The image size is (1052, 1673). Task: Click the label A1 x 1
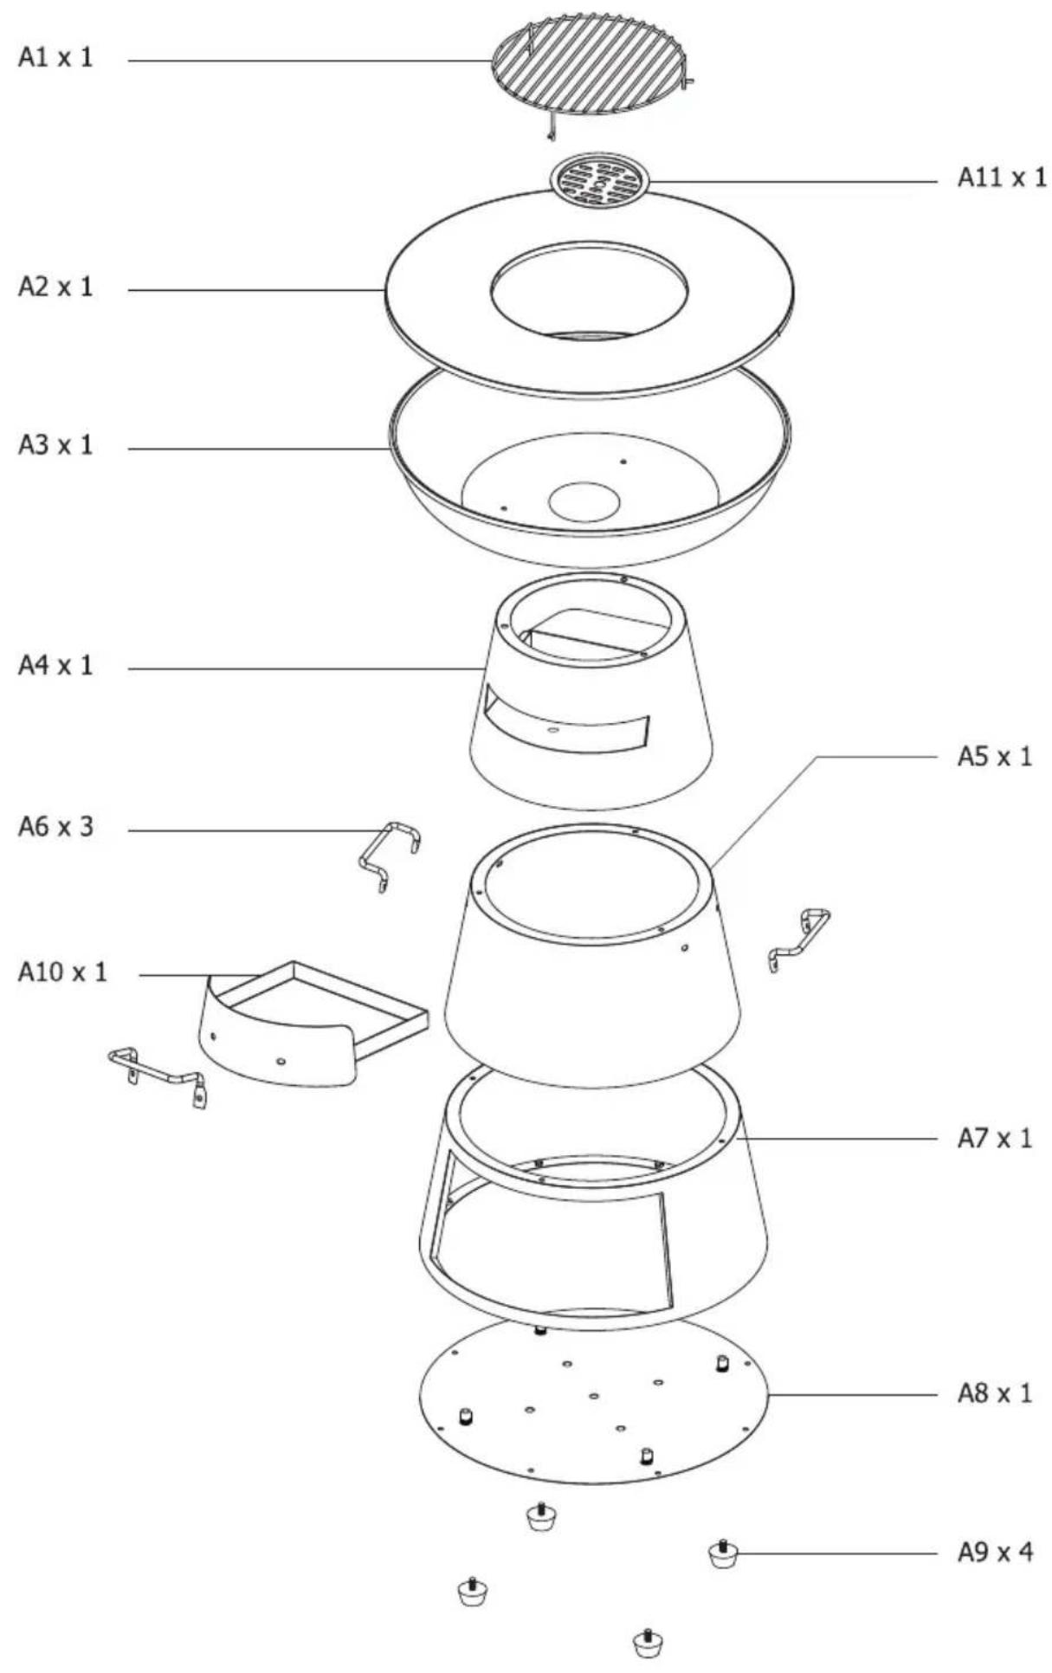coord(55,58)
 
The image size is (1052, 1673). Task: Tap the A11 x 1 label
coord(1002,178)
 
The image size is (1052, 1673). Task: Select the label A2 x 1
coord(55,287)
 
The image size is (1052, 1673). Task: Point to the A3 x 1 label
coord(55,445)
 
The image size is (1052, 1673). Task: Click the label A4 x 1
coord(55,666)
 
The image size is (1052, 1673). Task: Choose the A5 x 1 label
coord(995,757)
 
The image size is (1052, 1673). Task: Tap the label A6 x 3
coord(55,827)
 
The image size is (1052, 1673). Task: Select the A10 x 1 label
coord(63,972)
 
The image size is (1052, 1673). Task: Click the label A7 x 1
coord(995,1138)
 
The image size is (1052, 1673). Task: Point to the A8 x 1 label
coord(995,1393)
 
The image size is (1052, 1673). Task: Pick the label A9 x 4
coord(995,1552)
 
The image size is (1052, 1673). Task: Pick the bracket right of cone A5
coord(799,938)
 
